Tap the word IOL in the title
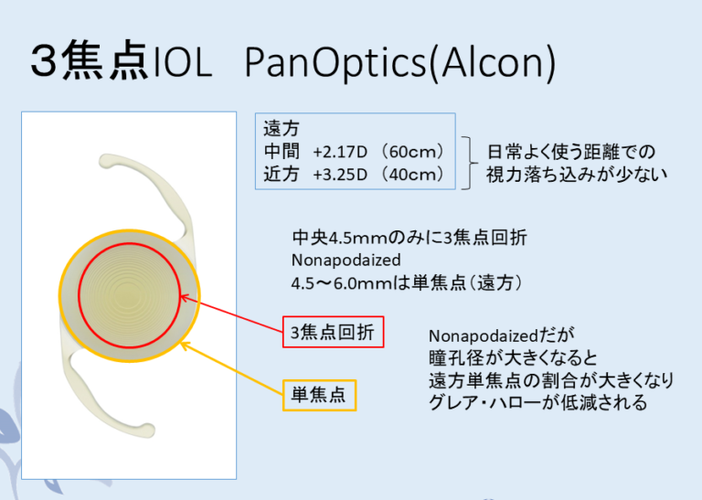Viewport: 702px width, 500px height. (x=182, y=61)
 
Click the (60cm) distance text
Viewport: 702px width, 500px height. (x=414, y=150)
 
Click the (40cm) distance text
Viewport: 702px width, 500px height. (x=414, y=174)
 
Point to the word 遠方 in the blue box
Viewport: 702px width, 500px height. (x=281, y=128)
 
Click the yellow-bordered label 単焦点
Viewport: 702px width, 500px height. (x=318, y=396)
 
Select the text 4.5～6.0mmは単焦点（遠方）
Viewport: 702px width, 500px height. (x=407, y=283)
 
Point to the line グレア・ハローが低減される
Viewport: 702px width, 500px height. (x=537, y=402)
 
